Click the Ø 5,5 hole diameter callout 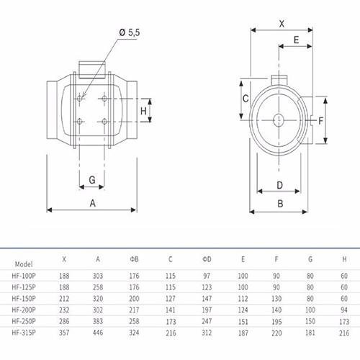click(130, 32)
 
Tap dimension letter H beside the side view click(143, 111)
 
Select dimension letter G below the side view click(92, 180)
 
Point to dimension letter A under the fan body click(93, 203)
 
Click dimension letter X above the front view click(282, 24)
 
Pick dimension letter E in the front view click(297, 40)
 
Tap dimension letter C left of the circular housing click(246, 99)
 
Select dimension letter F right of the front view click(320, 121)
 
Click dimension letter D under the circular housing click(280, 185)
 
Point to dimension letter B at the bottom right click(280, 204)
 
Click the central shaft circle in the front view click(279, 120)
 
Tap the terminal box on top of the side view click(92, 70)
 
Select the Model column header click(24, 264)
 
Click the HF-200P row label click(24, 310)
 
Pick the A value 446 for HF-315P click(98, 333)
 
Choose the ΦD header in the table click(207, 259)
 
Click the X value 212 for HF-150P click(64, 299)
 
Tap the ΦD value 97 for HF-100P click(207, 276)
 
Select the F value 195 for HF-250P click(276, 321)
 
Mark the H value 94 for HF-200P click(344, 310)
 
